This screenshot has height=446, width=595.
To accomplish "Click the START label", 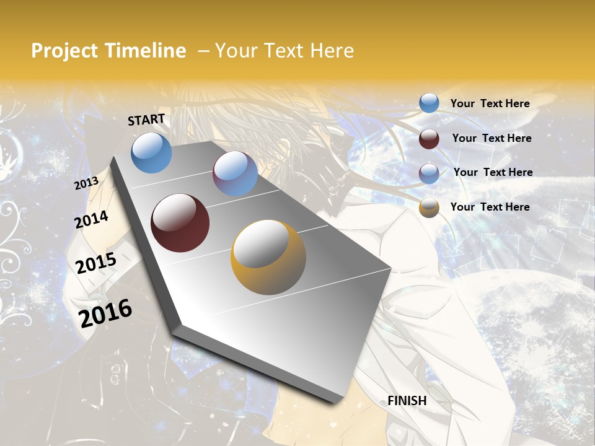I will [146, 120].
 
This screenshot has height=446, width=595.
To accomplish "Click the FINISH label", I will [407, 401].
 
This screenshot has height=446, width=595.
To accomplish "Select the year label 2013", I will [86, 183].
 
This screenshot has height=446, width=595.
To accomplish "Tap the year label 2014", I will [91, 220].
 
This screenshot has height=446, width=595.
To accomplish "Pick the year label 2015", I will [96, 264].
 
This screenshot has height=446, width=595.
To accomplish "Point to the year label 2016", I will [105, 313].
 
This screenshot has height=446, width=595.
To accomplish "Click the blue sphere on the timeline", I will [152, 153].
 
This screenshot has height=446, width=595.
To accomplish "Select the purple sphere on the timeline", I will [235, 173].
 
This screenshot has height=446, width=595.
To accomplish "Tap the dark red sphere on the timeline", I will [180, 223].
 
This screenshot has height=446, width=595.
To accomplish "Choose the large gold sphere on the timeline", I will [268, 256].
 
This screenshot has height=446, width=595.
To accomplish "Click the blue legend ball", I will [429, 103].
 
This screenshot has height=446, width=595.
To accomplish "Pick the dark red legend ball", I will [429, 138].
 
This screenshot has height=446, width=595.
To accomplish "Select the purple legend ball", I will [429, 173].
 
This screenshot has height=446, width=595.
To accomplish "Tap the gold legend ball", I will [429, 208].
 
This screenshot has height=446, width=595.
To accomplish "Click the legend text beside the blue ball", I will [490, 103].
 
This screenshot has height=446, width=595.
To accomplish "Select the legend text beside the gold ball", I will [490, 207].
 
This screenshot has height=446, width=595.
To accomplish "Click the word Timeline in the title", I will [145, 51].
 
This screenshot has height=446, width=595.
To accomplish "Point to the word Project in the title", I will [64, 51].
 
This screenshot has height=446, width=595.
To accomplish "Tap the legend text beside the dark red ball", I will [491, 138].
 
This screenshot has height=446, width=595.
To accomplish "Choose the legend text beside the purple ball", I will [493, 172].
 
